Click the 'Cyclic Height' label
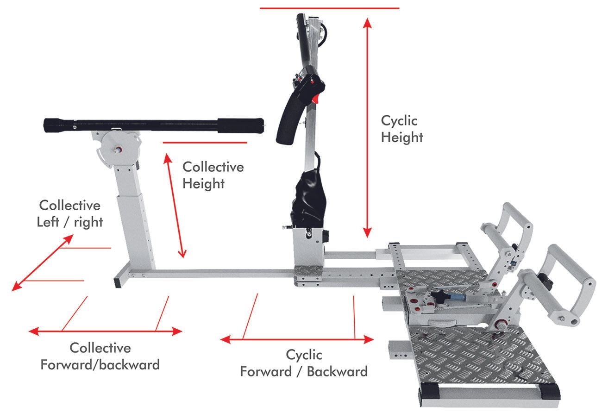coord(401,129)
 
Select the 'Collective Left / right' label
coord(70,213)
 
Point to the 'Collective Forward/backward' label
coord(100,356)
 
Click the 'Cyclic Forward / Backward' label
coord(304,363)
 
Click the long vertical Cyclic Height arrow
coord(367,127)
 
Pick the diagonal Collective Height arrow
coord(175,206)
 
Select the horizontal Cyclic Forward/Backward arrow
coord(297,340)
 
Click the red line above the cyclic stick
coord(329,8)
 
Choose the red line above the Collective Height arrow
coord(204,143)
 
